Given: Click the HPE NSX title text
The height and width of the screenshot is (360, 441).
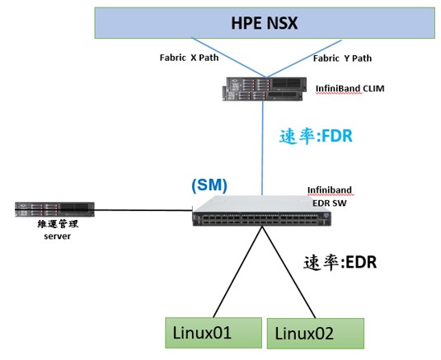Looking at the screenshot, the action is (264, 23).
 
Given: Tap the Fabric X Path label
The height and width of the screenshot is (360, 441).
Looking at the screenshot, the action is (189, 58).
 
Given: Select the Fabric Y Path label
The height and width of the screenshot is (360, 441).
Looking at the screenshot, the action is (342, 58).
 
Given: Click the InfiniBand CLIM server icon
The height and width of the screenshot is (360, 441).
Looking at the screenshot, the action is (265, 89).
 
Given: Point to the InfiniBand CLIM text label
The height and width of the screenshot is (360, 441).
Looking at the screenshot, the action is (350, 89).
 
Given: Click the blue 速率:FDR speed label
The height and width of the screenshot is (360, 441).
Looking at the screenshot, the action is (316, 137).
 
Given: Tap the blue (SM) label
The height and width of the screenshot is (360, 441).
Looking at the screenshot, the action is (209, 185).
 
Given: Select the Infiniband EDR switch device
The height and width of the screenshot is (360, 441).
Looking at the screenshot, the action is (262, 211).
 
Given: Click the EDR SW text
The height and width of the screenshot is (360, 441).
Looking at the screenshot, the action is (330, 203).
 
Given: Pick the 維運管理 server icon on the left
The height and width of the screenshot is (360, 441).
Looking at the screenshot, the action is (54, 209).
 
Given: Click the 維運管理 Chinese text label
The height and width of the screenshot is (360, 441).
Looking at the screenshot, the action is (58, 224).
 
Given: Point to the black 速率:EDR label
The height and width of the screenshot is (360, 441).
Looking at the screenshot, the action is (340, 263).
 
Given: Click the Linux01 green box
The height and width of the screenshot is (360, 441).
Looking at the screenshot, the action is (213, 333).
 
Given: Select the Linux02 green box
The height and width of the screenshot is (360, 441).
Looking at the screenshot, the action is (315, 334).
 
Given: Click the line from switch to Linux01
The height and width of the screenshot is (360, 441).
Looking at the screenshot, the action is (238, 272).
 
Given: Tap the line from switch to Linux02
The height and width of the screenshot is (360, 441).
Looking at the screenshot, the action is (289, 272).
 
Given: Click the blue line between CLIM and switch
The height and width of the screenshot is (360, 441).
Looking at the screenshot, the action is (263, 148).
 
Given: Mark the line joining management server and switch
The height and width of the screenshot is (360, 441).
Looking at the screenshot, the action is (143, 210).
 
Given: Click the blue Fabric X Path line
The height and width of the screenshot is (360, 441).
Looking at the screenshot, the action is (228, 58).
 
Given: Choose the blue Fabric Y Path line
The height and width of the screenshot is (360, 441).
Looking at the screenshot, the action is (304, 58).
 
